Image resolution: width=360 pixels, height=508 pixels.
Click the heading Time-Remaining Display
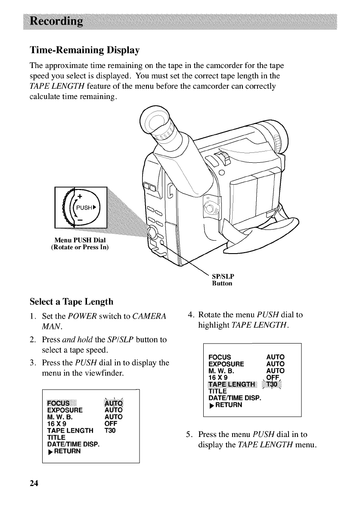84,50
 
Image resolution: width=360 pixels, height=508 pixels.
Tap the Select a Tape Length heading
71,301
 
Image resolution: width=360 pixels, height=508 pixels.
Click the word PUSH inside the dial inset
85,207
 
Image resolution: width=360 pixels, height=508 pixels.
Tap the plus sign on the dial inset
80,196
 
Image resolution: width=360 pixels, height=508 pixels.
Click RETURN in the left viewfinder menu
66,452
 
